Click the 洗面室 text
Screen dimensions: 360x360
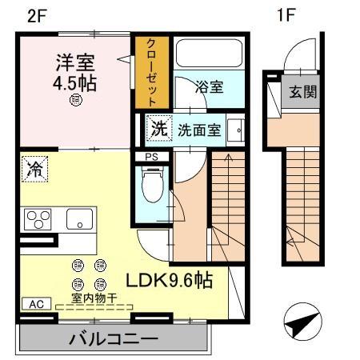[198, 129]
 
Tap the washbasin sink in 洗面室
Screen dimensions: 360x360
[237, 129]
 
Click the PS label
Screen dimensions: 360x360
[150, 156]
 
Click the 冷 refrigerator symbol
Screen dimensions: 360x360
[34, 168]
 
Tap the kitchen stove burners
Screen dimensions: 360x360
[37, 218]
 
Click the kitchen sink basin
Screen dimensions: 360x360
[79, 218]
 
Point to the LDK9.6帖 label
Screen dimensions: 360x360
[168, 282]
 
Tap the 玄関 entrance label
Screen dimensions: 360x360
[302, 91]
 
